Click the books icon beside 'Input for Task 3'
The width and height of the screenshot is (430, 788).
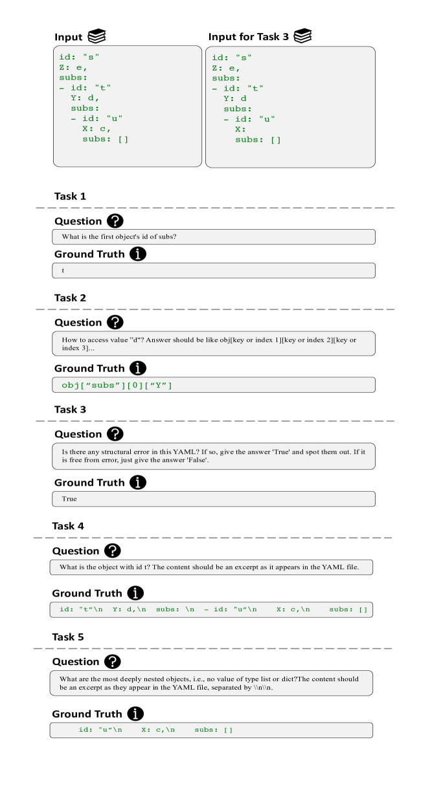(x=303, y=36)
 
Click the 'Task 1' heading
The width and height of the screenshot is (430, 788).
(x=70, y=197)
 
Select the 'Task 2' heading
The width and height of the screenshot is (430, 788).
(x=70, y=298)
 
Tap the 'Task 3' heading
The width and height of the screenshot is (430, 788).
(x=70, y=410)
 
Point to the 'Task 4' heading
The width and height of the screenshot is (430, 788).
(x=68, y=526)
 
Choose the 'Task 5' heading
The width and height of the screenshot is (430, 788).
(x=68, y=637)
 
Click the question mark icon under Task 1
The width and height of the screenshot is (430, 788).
(x=115, y=221)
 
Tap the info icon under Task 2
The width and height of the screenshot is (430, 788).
(x=138, y=368)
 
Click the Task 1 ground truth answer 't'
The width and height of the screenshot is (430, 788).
(x=63, y=270)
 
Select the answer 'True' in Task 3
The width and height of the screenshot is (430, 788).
(x=69, y=499)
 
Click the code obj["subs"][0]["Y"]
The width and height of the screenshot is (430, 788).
(x=117, y=385)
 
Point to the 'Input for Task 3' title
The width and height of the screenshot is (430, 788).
(x=248, y=37)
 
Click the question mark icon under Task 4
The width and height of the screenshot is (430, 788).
(x=113, y=551)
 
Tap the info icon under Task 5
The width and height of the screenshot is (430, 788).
(x=135, y=714)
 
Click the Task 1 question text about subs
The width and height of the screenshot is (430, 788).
(x=119, y=237)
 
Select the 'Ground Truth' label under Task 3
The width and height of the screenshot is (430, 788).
(x=89, y=483)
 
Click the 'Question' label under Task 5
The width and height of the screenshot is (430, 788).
(x=76, y=662)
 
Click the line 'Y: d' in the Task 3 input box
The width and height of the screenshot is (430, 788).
(x=235, y=98)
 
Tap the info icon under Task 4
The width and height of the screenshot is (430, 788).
(x=135, y=593)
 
